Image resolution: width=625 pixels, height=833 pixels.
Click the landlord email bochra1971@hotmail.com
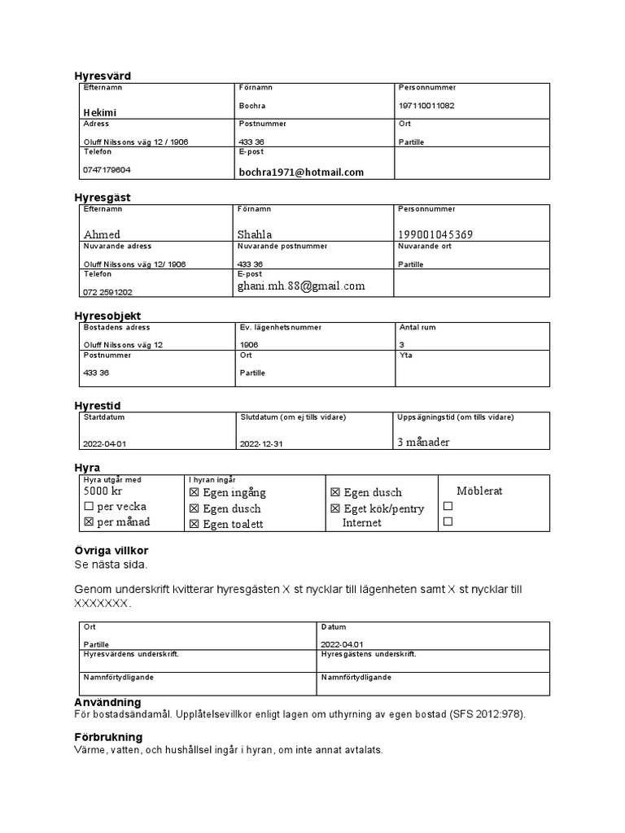(301, 172)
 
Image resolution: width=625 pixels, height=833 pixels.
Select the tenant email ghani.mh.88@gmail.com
(301, 286)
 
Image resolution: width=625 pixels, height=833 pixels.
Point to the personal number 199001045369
(435, 235)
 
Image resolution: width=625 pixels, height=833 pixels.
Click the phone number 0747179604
(107, 170)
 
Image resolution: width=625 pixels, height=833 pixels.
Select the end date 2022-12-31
(261, 444)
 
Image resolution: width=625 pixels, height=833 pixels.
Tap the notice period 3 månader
(423, 443)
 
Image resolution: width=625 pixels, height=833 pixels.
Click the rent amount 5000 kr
(103, 491)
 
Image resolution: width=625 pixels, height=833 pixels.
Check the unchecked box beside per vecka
(88, 507)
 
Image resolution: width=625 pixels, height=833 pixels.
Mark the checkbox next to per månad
(88, 522)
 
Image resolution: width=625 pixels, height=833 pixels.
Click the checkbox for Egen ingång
(194, 493)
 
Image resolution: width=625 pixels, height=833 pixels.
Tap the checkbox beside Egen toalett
(194, 525)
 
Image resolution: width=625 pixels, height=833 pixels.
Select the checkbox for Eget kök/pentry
(335, 508)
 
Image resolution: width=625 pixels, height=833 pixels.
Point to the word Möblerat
(479, 491)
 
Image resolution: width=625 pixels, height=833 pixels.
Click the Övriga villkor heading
(111, 551)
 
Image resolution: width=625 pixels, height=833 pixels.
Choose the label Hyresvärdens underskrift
(131, 654)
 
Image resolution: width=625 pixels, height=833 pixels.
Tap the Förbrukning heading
(108, 737)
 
